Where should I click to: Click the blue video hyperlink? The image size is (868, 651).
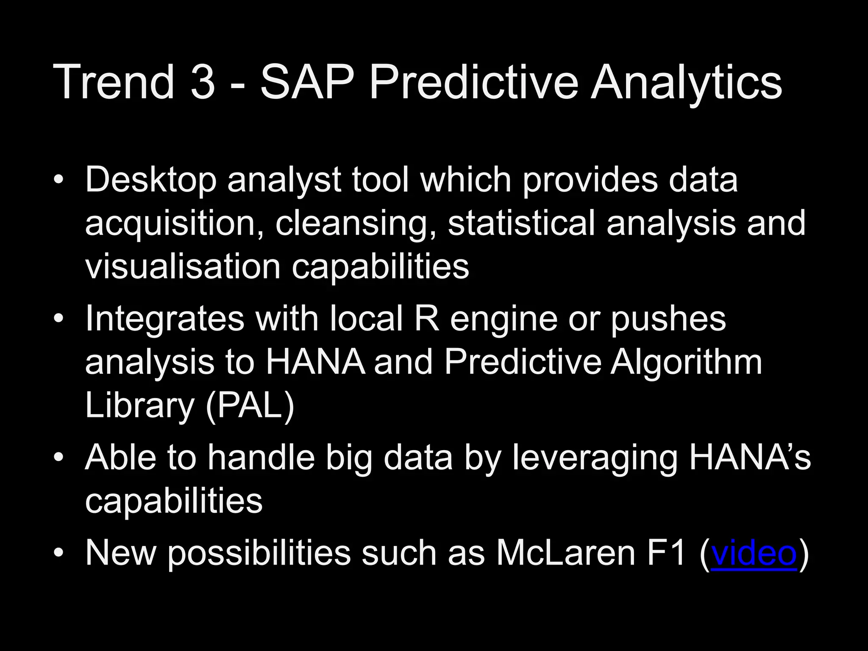click(x=754, y=553)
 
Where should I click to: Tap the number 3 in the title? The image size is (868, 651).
click(x=203, y=81)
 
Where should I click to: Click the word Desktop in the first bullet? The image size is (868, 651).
click(x=150, y=180)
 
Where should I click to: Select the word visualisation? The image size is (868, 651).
click(x=183, y=267)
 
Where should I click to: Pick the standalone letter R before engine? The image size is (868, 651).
click(x=426, y=319)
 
